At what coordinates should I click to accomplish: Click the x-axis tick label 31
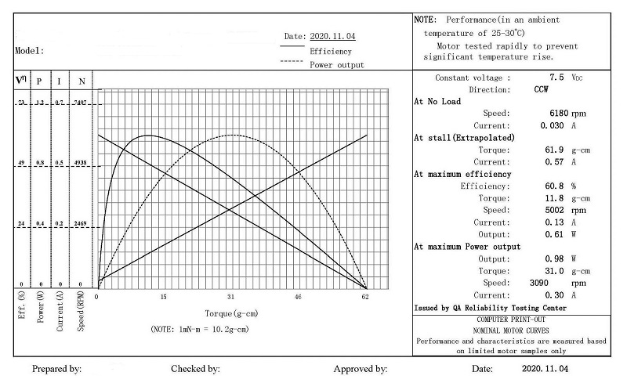pyautogui.click(x=230, y=297)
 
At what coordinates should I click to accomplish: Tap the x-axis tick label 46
pyautogui.click(x=298, y=297)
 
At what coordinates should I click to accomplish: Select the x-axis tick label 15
pyautogui.click(x=164, y=297)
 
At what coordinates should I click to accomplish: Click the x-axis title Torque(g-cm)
pyautogui.click(x=230, y=314)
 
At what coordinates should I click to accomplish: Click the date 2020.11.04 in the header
pyautogui.click(x=333, y=36)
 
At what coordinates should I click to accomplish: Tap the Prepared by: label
pyautogui.click(x=56, y=368)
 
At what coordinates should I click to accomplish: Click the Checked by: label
pyautogui.click(x=195, y=368)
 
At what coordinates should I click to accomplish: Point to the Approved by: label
pyautogui.click(x=361, y=368)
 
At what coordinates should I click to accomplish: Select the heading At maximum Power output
pyautogui.click(x=466, y=247)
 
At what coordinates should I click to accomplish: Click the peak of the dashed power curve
pyautogui.click(x=232, y=135)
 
